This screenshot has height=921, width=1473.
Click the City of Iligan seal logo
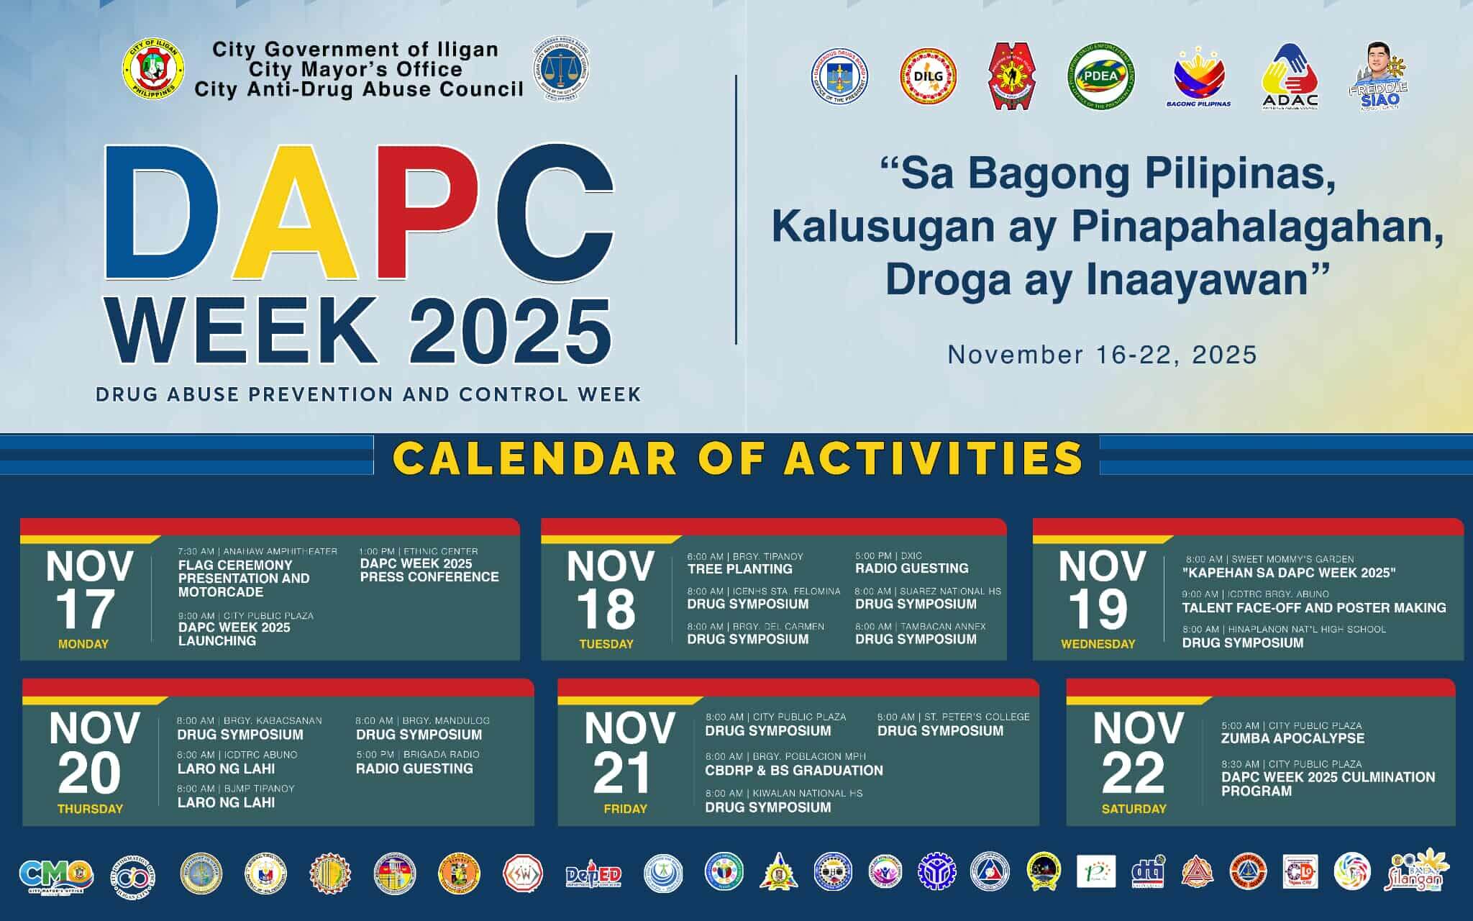(153, 70)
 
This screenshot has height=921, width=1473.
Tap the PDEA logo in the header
(1101, 78)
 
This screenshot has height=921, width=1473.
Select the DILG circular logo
(929, 78)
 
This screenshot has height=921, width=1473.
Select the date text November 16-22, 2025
(1102, 355)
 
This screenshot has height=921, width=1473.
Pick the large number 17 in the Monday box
(84, 609)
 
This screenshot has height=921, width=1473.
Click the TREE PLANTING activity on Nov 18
(739, 569)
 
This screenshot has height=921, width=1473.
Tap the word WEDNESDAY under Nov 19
(1098, 644)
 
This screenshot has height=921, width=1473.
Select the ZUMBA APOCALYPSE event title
(1292, 738)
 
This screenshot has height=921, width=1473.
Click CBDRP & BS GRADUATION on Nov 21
(794, 771)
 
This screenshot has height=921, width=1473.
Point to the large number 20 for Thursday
(89, 774)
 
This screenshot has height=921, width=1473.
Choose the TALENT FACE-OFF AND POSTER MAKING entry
(1314, 608)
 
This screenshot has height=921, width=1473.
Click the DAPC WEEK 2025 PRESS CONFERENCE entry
(429, 571)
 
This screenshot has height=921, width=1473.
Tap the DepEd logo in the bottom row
(593, 875)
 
